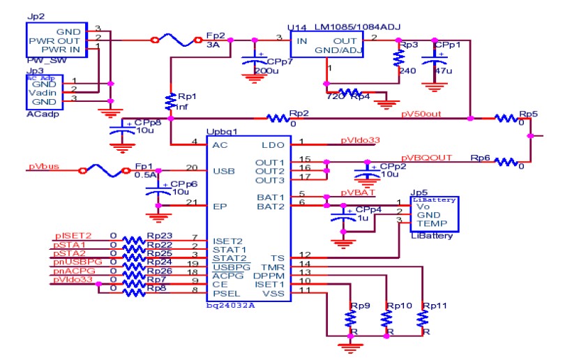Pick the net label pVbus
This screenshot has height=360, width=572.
[x=43, y=167]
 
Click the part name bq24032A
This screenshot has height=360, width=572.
[x=229, y=305]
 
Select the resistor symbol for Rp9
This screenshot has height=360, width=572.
[x=347, y=318]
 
